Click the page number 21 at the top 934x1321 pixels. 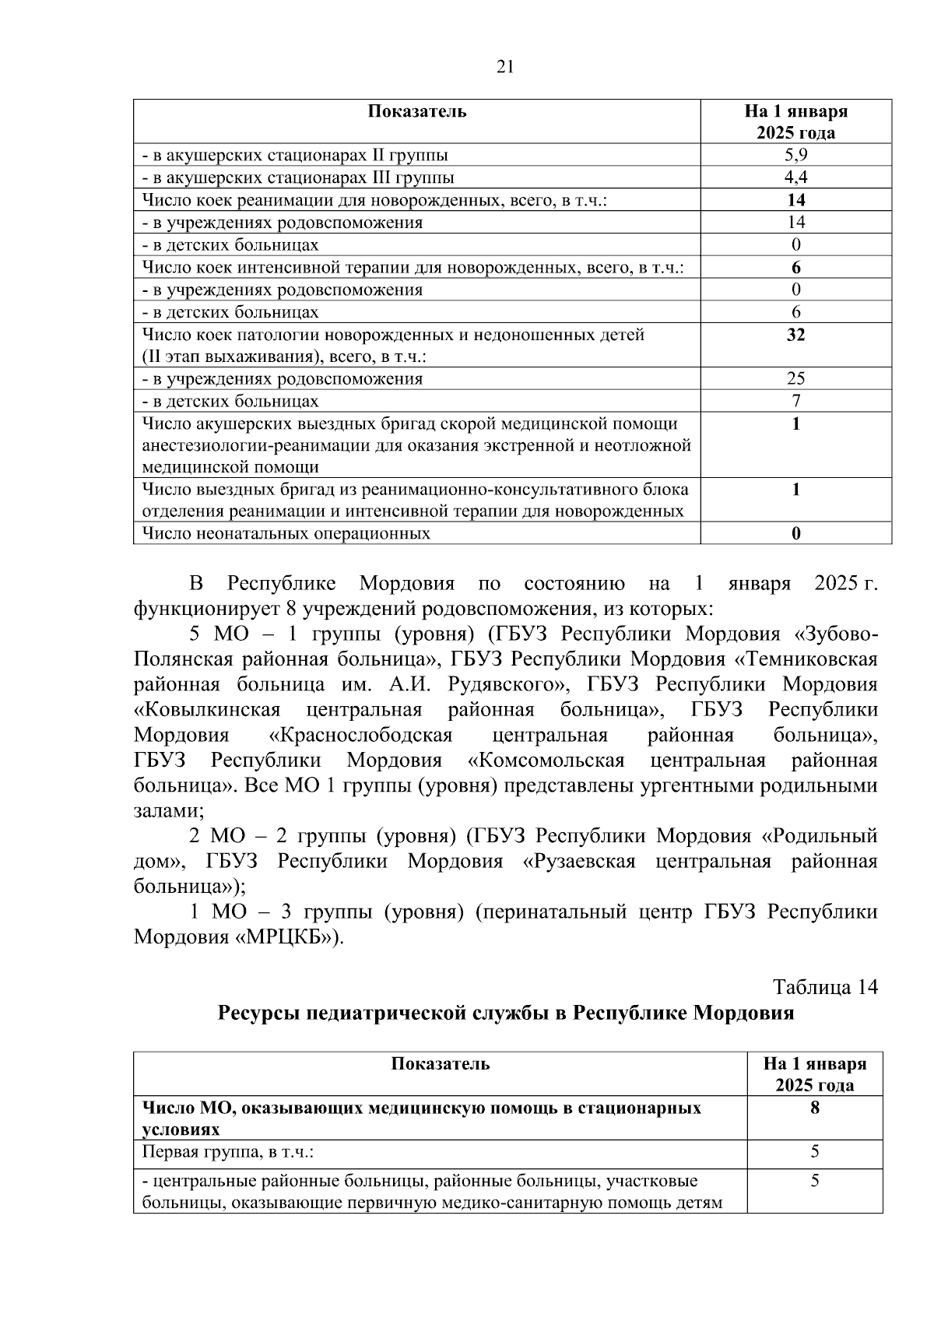point(505,67)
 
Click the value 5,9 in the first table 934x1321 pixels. point(795,155)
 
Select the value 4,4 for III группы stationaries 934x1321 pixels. point(795,177)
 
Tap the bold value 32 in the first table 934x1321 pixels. point(795,335)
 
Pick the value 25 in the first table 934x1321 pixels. point(795,379)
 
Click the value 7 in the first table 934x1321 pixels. point(795,402)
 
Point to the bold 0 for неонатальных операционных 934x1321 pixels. point(795,533)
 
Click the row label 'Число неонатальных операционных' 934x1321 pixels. point(286,533)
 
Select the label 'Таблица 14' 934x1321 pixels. point(825,987)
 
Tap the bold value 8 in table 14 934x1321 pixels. point(814,1108)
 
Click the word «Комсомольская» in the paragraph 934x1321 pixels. point(546,760)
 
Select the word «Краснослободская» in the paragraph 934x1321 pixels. point(360,735)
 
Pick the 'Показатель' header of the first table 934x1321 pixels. point(417,111)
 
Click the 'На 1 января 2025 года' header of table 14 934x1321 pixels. point(814,1074)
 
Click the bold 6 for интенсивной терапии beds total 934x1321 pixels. point(795,268)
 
